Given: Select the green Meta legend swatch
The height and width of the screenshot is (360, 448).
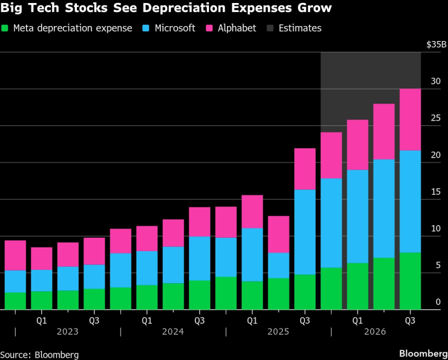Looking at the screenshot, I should pyautogui.click(x=5, y=28).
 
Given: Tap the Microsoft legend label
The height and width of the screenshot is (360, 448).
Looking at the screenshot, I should pyautogui.click(x=174, y=28).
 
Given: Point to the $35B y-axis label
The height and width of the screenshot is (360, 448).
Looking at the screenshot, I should pyautogui.click(x=436, y=44).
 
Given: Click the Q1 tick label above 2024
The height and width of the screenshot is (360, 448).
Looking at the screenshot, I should pyautogui.click(x=147, y=319).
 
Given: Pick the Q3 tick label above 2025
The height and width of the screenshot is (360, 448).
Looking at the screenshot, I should pyautogui.click(x=305, y=319).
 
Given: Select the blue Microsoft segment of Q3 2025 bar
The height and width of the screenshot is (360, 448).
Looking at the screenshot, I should pyautogui.click(x=305, y=232).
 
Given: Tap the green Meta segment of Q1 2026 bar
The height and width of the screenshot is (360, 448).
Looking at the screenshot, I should pyautogui.click(x=357, y=286).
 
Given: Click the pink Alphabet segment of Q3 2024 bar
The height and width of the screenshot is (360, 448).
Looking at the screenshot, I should pyautogui.click(x=199, y=221).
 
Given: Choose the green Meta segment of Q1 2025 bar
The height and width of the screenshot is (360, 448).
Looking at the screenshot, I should pyautogui.click(x=252, y=295).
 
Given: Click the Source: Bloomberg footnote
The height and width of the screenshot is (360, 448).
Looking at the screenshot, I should pyautogui.click(x=39, y=354).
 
